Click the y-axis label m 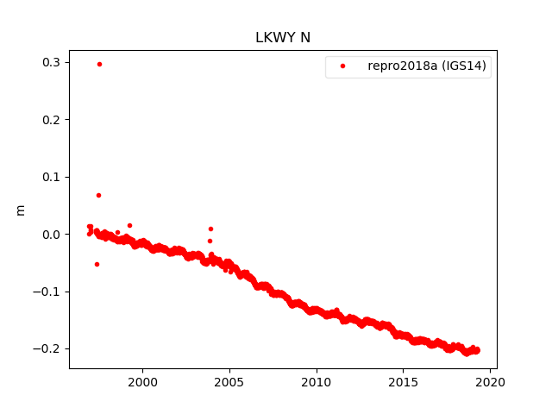pos(21,210)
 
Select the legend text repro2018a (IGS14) pos(429,66)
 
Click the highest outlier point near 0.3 pos(99,64)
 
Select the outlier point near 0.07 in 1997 pos(98,195)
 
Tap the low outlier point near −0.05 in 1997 pos(97,264)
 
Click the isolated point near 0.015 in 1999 pos(129,225)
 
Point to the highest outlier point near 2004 pos(210,229)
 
